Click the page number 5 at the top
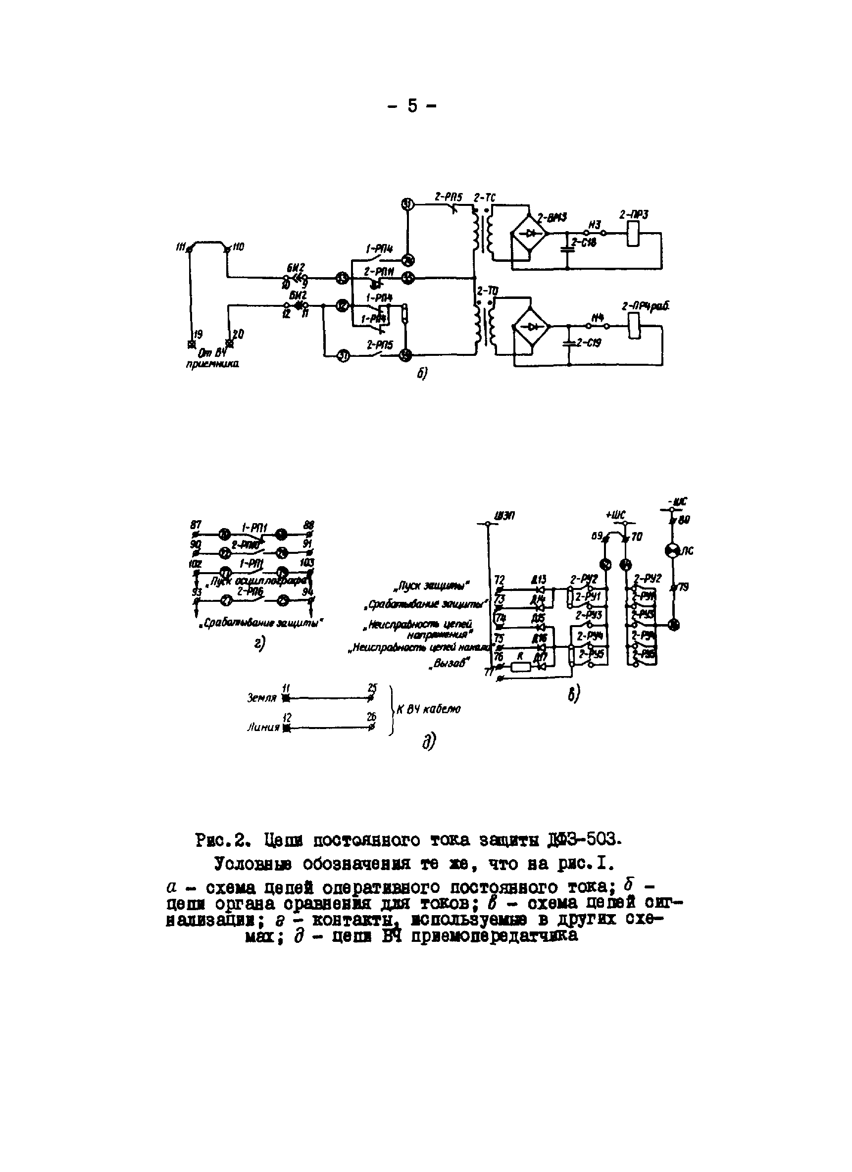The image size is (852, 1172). pos(412,106)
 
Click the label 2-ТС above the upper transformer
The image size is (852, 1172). pos(485,197)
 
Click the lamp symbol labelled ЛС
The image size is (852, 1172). pos(673,551)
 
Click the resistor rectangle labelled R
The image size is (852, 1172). pos(521,667)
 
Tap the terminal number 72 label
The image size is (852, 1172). pos(499,580)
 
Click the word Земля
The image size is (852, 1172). pos(261,698)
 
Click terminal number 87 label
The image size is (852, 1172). pos(196,525)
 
